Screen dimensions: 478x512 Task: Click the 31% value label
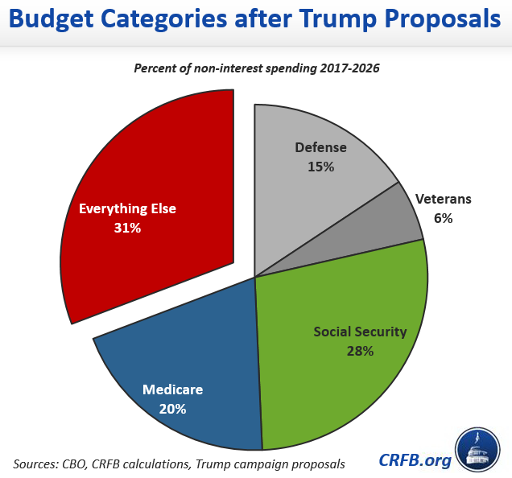click(x=127, y=228)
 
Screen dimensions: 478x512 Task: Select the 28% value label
click(x=360, y=351)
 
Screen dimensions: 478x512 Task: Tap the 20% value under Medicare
click(x=172, y=409)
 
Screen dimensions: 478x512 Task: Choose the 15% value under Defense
click(x=320, y=167)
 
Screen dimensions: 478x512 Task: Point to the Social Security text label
click(x=360, y=332)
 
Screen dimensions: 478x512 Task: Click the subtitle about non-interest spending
click(x=256, y=68)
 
